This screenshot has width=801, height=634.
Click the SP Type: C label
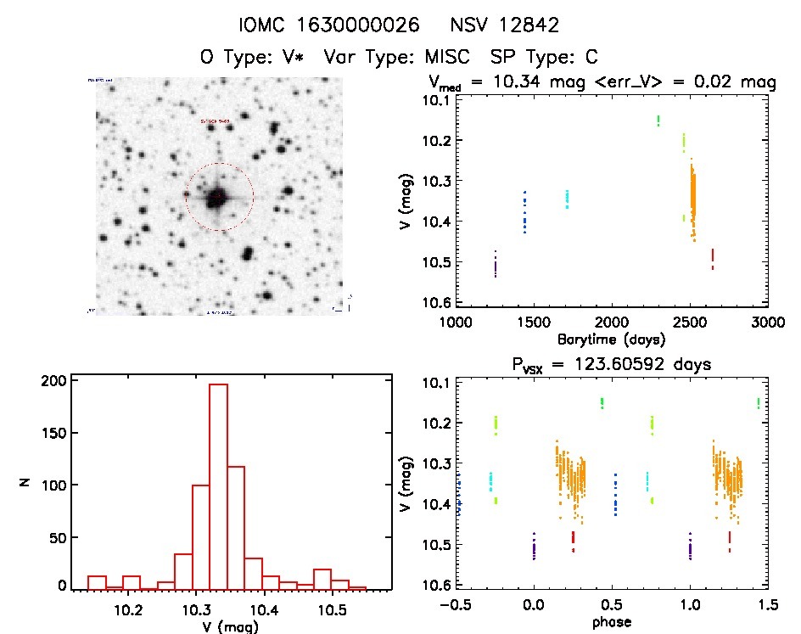point(544,58)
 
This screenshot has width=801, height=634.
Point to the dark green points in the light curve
point(658,121)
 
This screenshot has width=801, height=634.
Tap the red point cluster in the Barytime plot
point(713,257)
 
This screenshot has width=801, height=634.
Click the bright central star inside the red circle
point(218,198)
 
